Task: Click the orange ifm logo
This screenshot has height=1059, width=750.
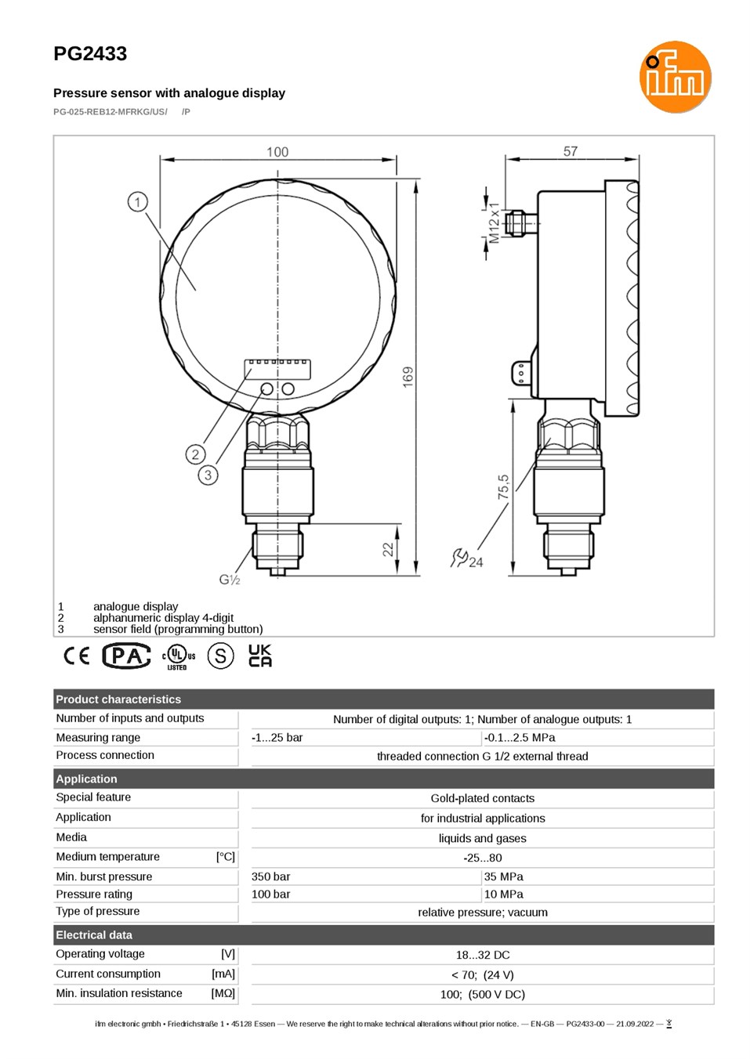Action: coord(675,77)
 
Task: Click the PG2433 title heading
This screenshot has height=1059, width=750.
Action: coord(90,54)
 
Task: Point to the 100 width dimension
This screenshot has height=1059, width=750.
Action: coord(277,152)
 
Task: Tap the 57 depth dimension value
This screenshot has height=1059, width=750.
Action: coord(571,151)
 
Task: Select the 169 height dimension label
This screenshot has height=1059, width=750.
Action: coord(408,378)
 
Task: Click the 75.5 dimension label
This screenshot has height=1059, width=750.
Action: coord(503,487)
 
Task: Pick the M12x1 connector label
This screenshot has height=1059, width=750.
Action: coord(494,222)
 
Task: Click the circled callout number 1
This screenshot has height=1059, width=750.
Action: coord(138,202)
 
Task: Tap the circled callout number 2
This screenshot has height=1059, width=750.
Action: coord(195,454)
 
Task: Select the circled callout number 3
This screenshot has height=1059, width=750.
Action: coord(208,475)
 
